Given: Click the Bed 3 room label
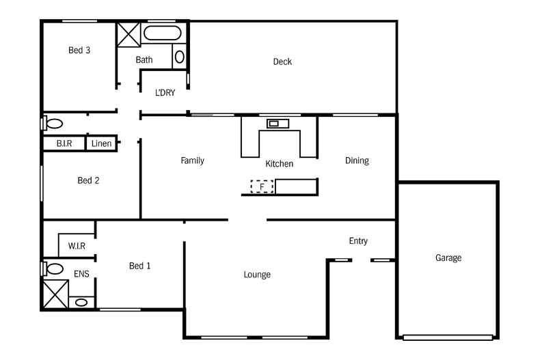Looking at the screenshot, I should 79,50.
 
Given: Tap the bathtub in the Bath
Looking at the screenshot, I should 163,34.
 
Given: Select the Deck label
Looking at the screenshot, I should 282,61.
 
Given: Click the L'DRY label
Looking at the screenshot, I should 165,92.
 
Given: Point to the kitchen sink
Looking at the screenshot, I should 278,124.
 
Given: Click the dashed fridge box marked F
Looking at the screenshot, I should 262,186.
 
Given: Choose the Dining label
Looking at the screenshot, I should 357,161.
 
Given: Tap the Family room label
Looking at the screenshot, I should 192,161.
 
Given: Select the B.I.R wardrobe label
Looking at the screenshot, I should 65,144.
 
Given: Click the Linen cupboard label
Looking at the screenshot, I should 101,144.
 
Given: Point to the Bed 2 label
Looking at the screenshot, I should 88,180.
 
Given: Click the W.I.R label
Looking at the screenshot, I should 77,246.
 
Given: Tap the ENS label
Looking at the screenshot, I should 81,274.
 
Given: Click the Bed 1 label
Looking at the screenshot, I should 139,266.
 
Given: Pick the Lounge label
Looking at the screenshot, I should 257,275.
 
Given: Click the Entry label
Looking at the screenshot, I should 358,240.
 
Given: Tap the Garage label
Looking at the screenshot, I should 448,258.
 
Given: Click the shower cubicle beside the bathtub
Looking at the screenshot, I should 128,34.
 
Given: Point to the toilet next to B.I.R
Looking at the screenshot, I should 53,124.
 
